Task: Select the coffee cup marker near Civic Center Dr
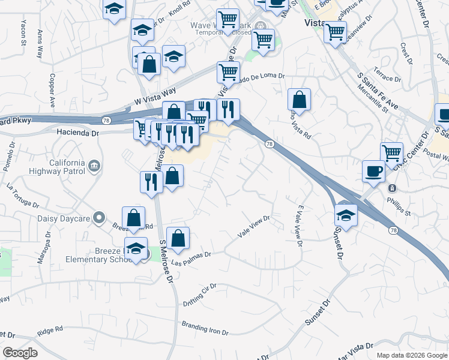[373, 171]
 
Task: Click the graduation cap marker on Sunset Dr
[346, 214]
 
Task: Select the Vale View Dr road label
[254, 227]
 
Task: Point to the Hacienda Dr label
[77, 132]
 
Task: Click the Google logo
[20, 353]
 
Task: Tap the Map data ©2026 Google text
[412, 355]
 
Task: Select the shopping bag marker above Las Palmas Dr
[178, 238]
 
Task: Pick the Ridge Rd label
[50, 331]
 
